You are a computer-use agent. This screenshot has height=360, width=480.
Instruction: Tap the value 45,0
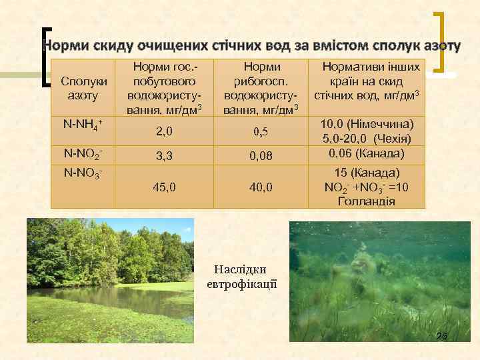(165, 188)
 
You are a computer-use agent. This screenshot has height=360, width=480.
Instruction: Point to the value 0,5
(260, 131)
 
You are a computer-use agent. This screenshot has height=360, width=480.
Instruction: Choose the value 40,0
(260, 188)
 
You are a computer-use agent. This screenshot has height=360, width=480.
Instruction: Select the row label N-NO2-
(82, 153)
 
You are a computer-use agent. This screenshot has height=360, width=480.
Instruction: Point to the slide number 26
(441, 336)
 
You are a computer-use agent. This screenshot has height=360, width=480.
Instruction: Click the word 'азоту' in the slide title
(440, 46)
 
